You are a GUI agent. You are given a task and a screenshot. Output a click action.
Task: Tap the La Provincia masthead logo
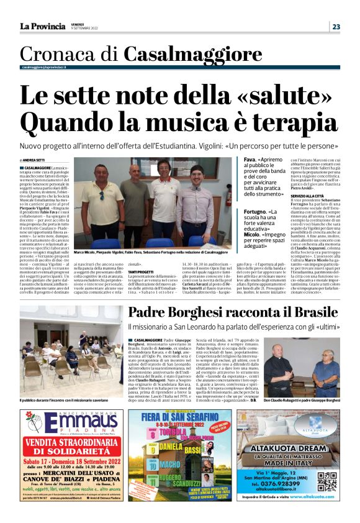pyautogui.click(x=42, y=26)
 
